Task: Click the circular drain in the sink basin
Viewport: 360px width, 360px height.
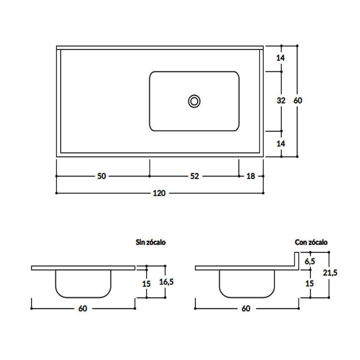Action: tap(194, 101)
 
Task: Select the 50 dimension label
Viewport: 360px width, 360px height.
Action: tap(101, 176)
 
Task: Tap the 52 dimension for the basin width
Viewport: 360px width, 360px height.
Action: tap(194, 176)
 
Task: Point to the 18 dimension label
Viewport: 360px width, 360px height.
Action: tap(251, 176)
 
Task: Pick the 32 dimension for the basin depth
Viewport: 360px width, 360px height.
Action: tap(281, 101)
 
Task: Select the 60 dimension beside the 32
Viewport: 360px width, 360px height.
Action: tap(297, 101)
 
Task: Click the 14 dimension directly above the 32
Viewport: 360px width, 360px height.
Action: tap(281, 58)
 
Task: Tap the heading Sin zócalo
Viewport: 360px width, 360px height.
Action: tap(151, 242)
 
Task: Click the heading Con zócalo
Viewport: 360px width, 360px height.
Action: tap(311, 242)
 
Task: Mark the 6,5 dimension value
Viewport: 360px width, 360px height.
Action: tap(310, 261)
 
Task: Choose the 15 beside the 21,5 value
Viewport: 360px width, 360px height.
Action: tap(310, 283)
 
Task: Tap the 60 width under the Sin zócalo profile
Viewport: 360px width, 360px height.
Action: tap(83, 308)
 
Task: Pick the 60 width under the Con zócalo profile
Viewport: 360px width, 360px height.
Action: tap(246, 308)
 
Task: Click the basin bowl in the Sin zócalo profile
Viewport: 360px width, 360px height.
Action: tap(83, 283)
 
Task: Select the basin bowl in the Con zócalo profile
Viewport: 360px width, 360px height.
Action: tap(247, 283)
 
